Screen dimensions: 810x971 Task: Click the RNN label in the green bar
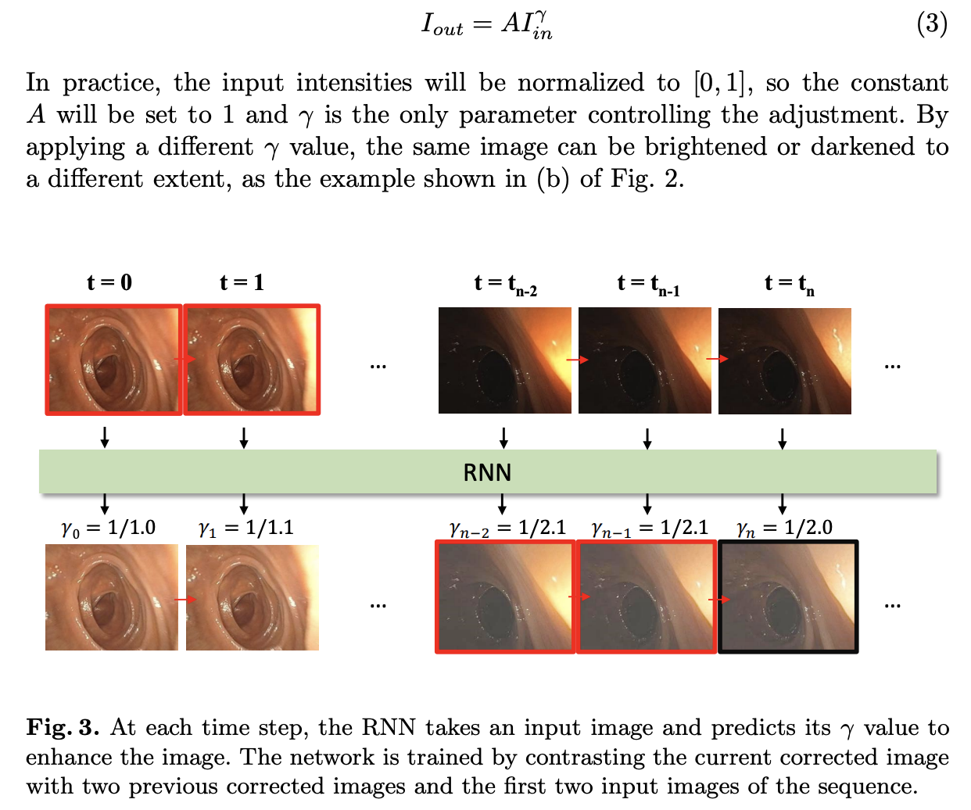487,472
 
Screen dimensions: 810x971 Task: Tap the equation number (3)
931,23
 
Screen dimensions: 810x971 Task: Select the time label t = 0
109,282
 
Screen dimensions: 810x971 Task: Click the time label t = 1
242,282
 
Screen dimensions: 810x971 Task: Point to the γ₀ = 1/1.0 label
109,529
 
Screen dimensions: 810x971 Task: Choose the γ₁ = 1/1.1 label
246,529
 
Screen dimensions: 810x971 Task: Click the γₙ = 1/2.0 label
784,529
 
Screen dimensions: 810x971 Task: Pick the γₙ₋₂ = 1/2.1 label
507,529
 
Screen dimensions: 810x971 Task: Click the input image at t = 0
113,360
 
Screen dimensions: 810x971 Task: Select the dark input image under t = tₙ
784,360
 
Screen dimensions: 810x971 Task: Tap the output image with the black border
788,597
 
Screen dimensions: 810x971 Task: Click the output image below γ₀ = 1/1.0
111,597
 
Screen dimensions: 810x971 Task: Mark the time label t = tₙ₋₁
648,284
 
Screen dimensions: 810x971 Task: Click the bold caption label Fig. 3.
63,727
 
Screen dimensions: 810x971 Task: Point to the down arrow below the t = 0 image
105,437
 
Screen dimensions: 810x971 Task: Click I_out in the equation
442,24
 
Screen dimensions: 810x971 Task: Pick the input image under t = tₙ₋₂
504,360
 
